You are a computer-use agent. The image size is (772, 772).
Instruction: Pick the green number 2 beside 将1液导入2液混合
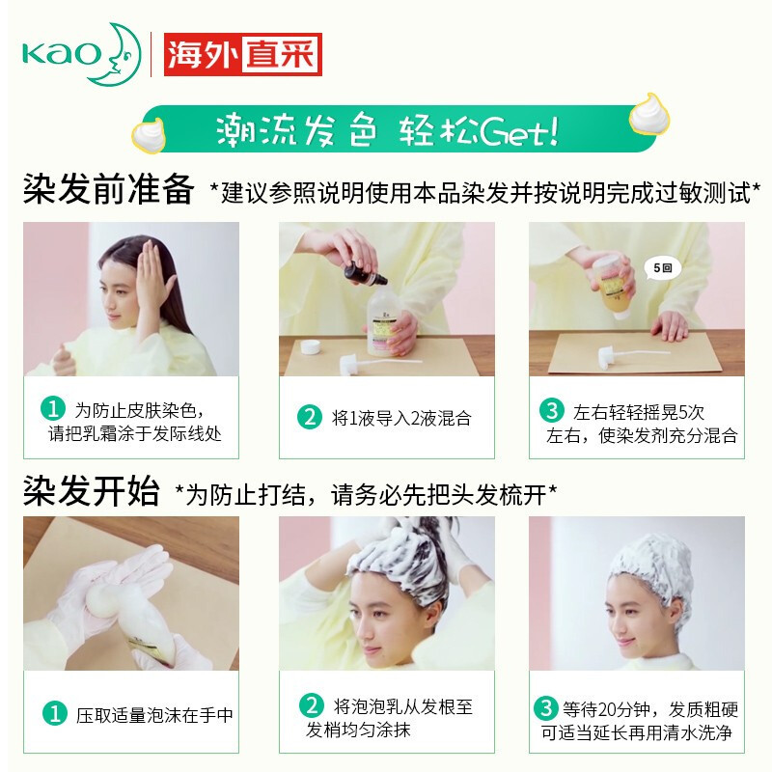309,418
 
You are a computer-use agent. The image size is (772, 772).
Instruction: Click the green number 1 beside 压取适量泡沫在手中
52,715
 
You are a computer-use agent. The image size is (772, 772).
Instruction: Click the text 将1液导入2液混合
401,419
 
